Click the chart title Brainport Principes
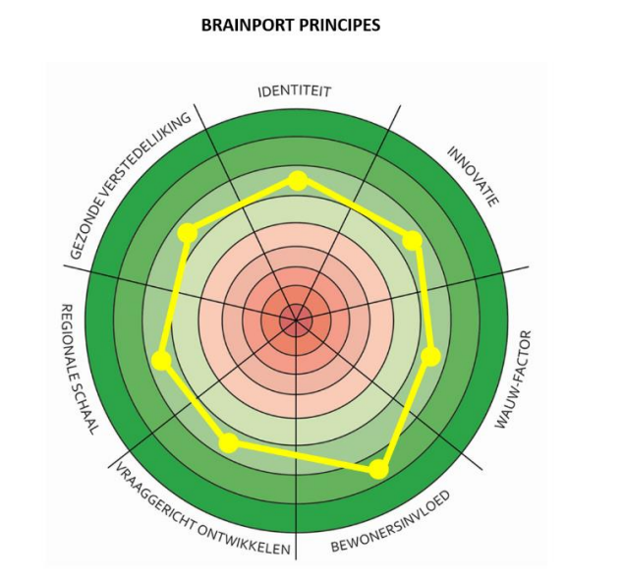[291, 26]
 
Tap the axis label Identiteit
[295, 91]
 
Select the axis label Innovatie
[473, 176]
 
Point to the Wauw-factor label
[513, 379]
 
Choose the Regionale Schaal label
[78, 370]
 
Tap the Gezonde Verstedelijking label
[130, 186]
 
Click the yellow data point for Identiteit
[298, 181]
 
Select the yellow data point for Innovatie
[413, 241]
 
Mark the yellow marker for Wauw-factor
[430, 356]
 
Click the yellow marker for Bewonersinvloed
[379, 469]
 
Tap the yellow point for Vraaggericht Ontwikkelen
[229, 443]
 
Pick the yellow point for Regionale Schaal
[162, 360]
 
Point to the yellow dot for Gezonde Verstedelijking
[188, 233]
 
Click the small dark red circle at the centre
[296, 320]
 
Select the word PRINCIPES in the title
[339, 26]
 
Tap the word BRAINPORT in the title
[248, 26]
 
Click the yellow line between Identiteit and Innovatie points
[355, 210]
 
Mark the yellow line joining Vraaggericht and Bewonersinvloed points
[304, 456]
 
